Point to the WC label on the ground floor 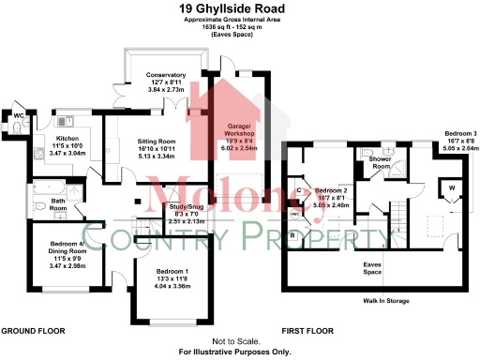point(17,115)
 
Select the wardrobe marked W point(451,187)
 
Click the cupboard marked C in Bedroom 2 point(299,190)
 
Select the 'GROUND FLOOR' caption point(32,332)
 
